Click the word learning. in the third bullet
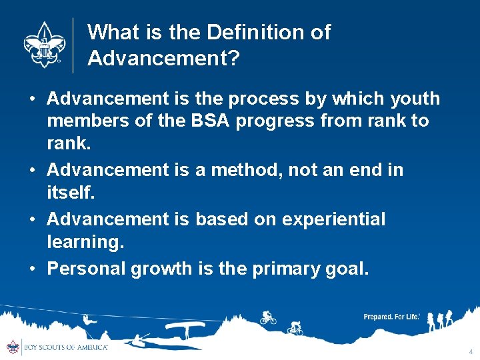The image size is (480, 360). pos(85,242)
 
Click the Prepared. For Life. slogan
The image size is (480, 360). pos(391,317)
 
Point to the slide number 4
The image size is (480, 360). pos(471,351)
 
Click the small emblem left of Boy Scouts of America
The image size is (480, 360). pos(13,347)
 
